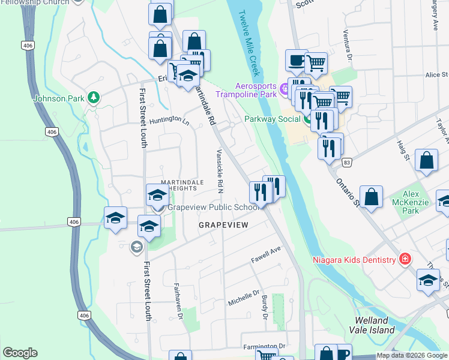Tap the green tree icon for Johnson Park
[93, 97]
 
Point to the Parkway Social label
[272, 119]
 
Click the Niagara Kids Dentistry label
[354, 260]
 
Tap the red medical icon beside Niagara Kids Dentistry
[405, 259]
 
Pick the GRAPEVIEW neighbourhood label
[223, 224]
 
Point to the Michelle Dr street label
[243, 298]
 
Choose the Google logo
[20, 353]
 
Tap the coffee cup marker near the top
[296, 60]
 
